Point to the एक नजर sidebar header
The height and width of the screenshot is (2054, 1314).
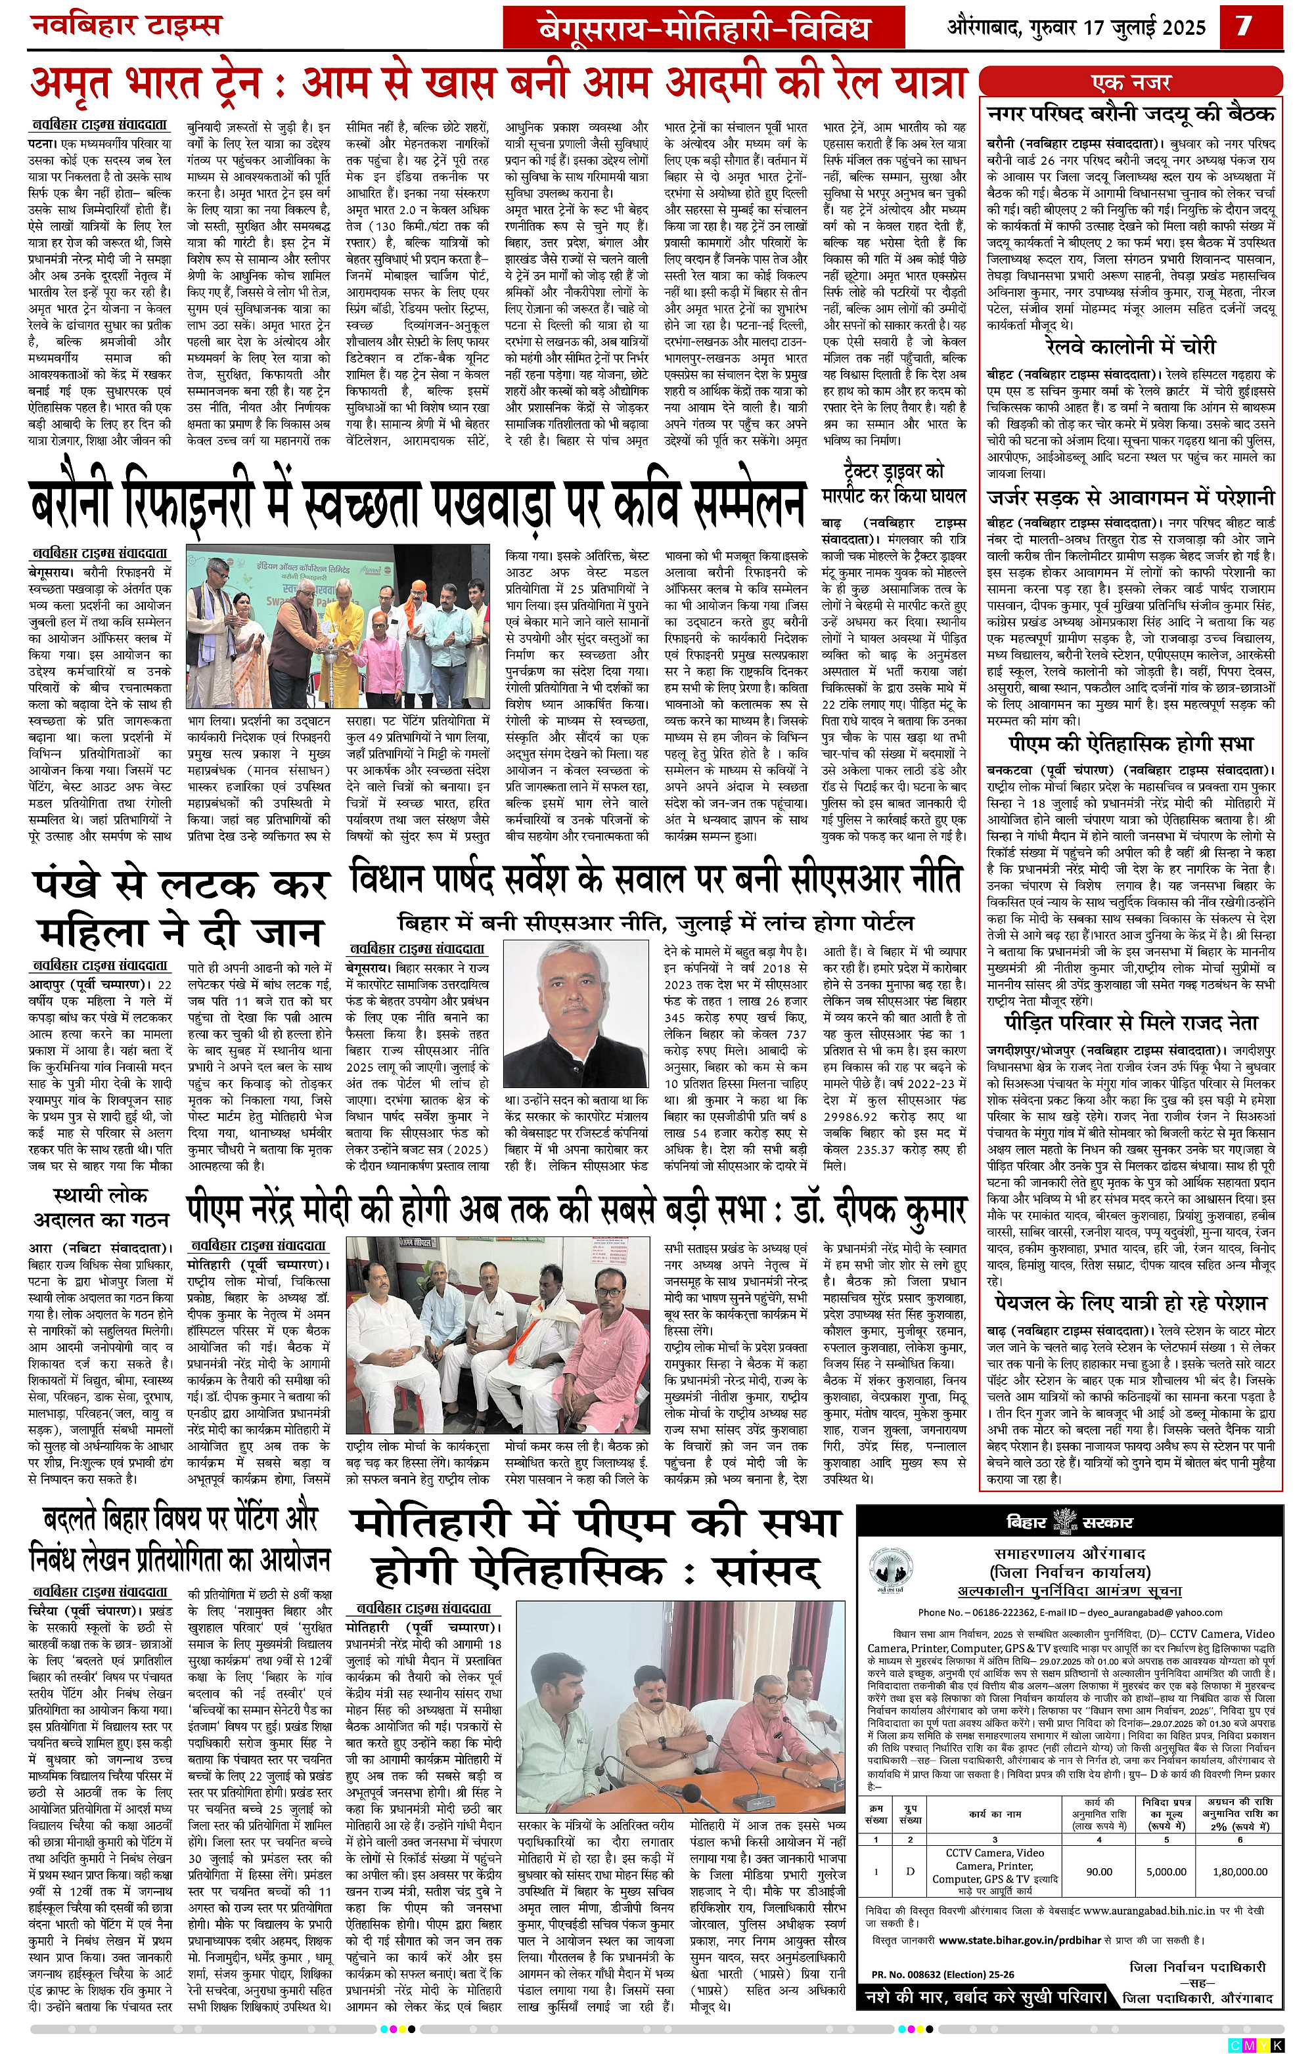click(1131, 83)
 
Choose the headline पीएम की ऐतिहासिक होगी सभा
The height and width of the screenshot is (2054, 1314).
click(1131, 744)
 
